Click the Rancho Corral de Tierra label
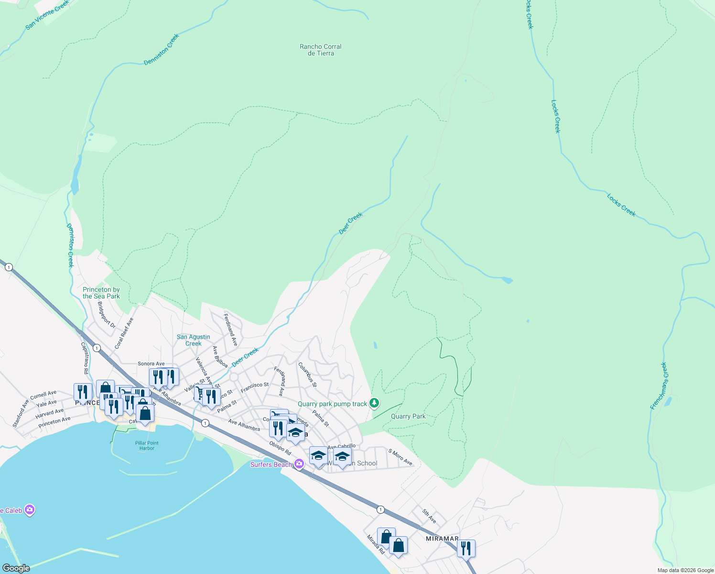click(x=320, y=50)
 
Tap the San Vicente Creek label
click(x=47, y=15)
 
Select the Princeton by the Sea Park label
click(x=101, y=293)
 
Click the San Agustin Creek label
click(x=193, y=340)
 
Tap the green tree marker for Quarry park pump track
click(x=375, y=403)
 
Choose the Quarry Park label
click(x=408, y=416)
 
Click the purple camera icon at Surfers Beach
click(x=300, y=464)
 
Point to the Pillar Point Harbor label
click(x=147, y=445)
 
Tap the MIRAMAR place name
click(x=442, y=539)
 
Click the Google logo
click(x=16, y=568)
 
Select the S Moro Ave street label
click(x=400, y=457)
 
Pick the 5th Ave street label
click(x=429, y=516)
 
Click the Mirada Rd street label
click(x=376, y=544)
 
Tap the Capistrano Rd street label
click(x=85, y=358)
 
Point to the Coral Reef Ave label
click(x=124, y=333)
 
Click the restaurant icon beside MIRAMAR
click(x=466, y=548)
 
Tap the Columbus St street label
click(x=307, y=375)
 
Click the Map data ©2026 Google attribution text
click(x=685, y=570)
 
